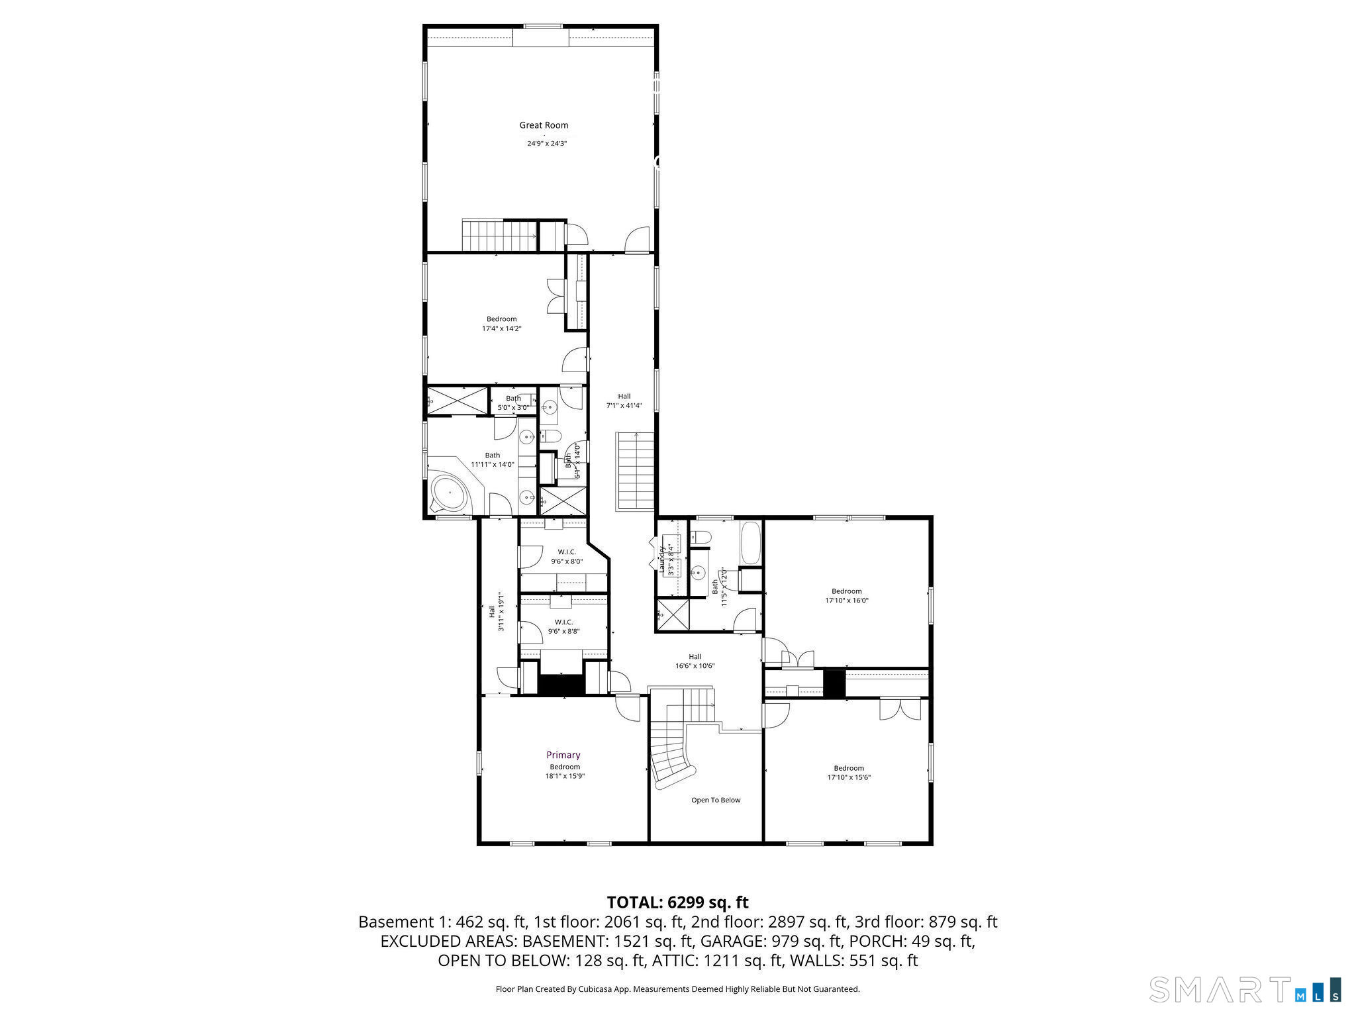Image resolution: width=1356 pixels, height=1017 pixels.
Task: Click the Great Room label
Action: pos(544,125)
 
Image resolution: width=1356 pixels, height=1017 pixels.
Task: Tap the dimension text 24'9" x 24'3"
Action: pos(547,143)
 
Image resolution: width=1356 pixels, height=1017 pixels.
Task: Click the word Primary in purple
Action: pos(563,755)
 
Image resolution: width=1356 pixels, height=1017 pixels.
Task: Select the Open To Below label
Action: pos(716,800)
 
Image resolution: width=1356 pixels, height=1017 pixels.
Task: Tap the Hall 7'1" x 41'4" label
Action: pos(624,401)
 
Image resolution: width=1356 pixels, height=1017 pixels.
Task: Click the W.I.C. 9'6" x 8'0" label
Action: pos(567,556)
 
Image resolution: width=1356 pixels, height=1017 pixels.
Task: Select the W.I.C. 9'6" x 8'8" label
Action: pos(564,626)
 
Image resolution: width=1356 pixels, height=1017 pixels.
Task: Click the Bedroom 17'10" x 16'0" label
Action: pos(847,596)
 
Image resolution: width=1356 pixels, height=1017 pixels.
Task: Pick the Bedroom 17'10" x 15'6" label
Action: pos(848,773)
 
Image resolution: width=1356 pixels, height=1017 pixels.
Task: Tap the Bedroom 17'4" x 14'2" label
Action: pos(501,324)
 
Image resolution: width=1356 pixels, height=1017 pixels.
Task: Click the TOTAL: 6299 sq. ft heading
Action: pos(677,902)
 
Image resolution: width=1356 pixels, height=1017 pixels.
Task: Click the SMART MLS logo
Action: pos(1245,989)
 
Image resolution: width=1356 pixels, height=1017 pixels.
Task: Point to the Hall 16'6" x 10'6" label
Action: pos(695,661)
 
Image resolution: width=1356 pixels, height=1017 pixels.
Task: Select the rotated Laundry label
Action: pos(661,559)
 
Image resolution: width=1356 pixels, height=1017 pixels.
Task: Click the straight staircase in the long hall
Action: pos(636,470)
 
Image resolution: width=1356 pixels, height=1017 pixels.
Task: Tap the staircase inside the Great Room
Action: pos(499,236)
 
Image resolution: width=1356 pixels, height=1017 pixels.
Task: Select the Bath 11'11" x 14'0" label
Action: pos(492,460)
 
